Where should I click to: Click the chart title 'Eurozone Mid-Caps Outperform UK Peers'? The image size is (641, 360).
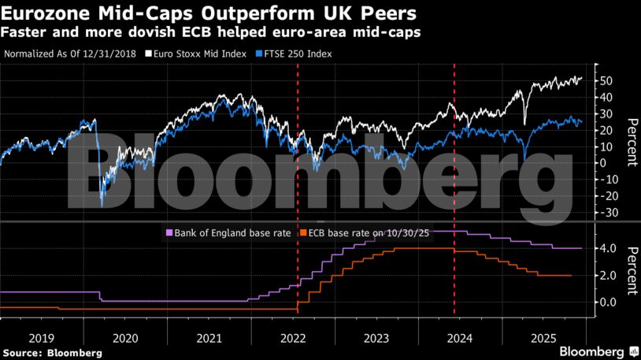coord(209,13)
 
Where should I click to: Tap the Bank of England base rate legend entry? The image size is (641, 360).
coord(224,232)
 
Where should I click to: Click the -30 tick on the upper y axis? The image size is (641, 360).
coord(606,213)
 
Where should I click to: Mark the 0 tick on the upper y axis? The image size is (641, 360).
coord(603,163)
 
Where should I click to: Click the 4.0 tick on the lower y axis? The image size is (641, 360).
coord(608,249)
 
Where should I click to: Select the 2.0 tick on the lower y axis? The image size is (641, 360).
coord(608,276)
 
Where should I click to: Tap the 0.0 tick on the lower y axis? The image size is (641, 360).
coord(608,302)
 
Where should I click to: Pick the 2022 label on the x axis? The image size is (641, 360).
coord(292,338)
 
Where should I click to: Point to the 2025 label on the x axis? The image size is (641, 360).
coord(543,338)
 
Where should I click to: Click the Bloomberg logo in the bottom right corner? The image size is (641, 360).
coord(598,350)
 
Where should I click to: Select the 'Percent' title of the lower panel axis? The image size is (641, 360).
coord(631,269)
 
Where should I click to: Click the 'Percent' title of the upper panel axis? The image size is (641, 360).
coord(631,143)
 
